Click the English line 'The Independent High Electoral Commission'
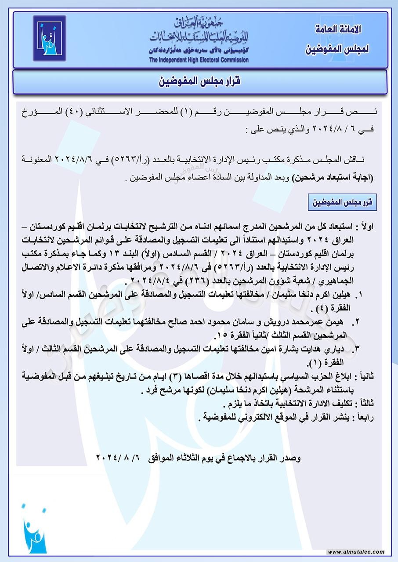(199, 60)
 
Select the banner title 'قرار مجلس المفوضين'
(199, 82)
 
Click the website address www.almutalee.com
(356, 552)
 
